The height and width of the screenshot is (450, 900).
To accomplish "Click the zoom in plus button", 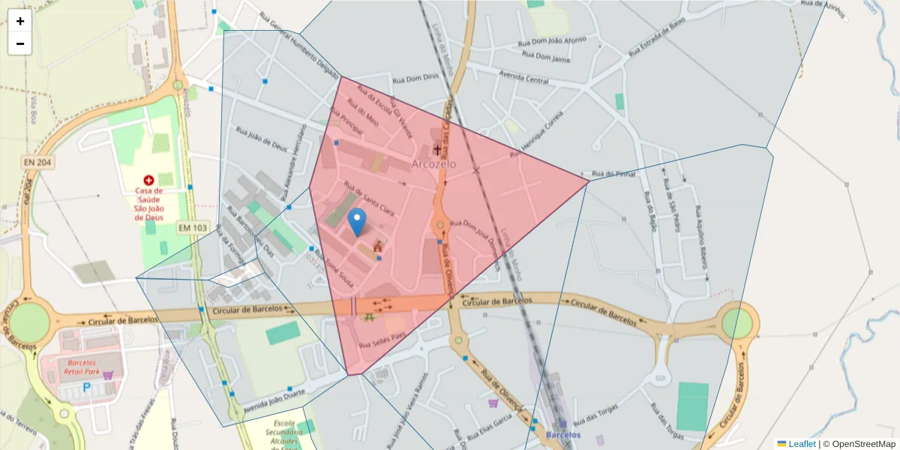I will tap(20, 21).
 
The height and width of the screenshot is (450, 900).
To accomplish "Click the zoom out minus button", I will tap(20, 43).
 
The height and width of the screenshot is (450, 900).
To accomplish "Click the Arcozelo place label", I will tap(433, 163).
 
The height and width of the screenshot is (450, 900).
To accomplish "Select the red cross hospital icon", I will tap(148, 181).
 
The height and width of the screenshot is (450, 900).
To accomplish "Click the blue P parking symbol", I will tap(86, 388).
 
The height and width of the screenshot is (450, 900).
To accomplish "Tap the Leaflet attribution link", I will tap(802, 443).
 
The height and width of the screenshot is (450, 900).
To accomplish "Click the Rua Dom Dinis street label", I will tap(415, 78).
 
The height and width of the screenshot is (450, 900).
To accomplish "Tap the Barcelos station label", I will tap(563, 435).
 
